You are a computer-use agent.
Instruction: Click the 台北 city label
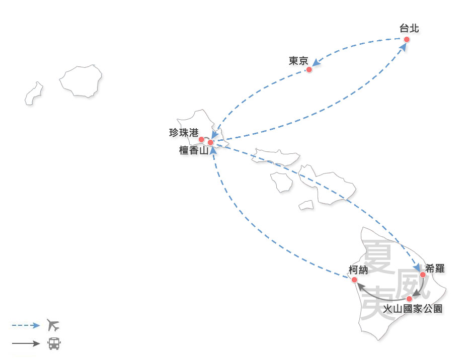tap(409, 29)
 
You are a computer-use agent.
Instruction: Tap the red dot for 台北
tap(407, 39)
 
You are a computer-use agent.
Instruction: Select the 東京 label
tap(298, 61)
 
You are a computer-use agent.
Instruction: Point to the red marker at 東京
tap(309, 69)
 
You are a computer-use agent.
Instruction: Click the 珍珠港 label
tap(184, 133)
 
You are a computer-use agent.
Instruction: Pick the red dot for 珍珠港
tap(201, 139)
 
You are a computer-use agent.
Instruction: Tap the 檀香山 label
tap(194, 150)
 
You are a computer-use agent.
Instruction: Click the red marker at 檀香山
tap(211, 142)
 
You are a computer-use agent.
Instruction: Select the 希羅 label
tap(435, 268)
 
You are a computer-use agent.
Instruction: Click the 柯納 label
tap(358, 271)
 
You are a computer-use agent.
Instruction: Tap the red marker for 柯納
tap(354, 280)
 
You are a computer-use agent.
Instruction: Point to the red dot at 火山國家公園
tap(409, 299)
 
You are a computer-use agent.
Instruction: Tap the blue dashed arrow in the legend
tap(26, 325)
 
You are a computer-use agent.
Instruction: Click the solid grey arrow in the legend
tap(26, 344)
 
